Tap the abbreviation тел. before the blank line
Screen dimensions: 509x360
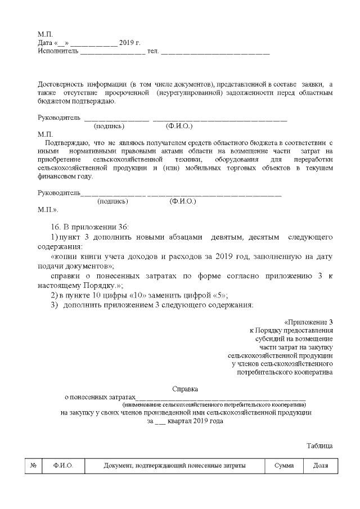[x=152, y=51]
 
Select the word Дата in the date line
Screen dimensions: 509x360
[x=45, y=43]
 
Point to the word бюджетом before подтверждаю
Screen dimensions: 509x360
[x=53, y=101]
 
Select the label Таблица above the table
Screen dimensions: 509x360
[x=319, y=445]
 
